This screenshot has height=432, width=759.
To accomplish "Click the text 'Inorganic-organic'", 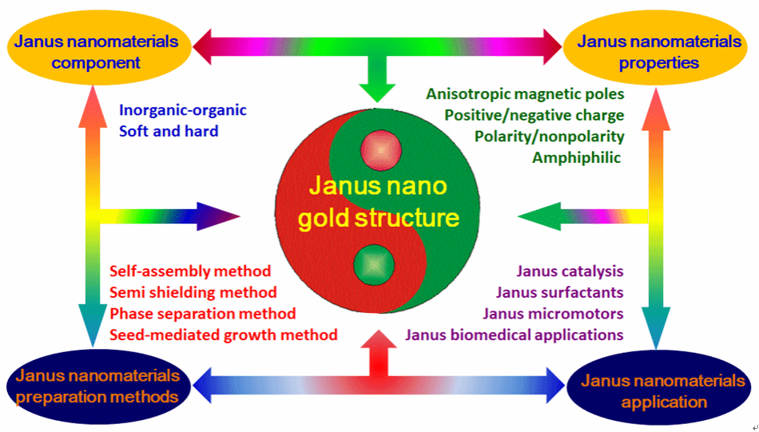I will (x=183, y=110).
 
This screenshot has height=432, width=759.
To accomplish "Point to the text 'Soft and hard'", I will (x=169, y=130).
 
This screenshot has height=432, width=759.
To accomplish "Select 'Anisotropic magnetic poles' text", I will (x=525, y=93).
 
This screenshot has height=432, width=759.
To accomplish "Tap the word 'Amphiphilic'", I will (x=576, y=157).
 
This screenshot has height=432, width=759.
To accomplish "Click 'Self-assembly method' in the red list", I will (x=190, y=271).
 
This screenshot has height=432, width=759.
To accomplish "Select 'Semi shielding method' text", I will (x=193, y=292).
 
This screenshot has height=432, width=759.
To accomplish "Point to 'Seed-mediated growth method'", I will (x=223, y=335).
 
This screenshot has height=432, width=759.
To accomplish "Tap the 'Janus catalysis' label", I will (x=570, y=271).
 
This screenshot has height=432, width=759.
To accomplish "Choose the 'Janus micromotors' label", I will (x=559, y=313).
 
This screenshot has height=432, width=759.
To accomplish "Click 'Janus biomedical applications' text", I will (x=515, y=335).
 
